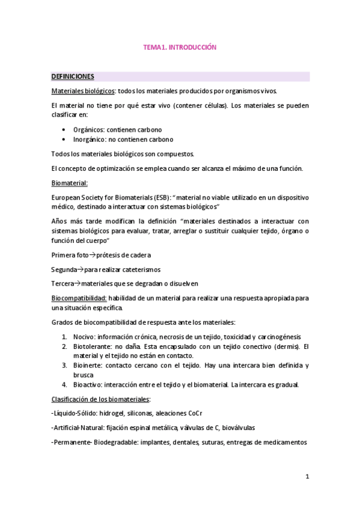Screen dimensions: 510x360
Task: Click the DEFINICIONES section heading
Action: (x=72, y=77)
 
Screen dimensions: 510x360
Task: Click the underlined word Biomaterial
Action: (x=70, y=182)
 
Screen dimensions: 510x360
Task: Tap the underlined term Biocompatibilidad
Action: (x=79, y=298)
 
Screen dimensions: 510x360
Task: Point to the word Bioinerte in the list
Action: (x=89, y=366)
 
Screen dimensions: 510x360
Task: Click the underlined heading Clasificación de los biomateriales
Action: (x=100, y=399)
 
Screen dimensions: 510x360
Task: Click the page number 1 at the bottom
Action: (x=307, y=477)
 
